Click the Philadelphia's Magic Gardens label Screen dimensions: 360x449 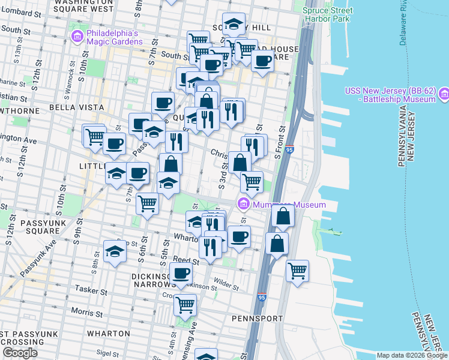pyautogui.click(x=114, y=37)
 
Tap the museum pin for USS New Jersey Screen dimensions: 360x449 pyautogui.click(x=444, y=94)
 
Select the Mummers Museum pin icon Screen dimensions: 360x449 pyautogui.click(x=243, y=204)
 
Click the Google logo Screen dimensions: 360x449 pyautogui.click(x=20, y=352)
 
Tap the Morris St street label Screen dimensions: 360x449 pyautogui.click(x=88, y=312)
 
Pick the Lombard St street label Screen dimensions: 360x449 pyautogui.click(x=20, y=13)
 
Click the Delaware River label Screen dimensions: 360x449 pyautogui.click(x=404, y=24)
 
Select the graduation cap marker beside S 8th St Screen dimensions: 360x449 pyautogui.click(x=114, y=252)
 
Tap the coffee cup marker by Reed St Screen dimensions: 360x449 pyautogui.click(x=181, y=274)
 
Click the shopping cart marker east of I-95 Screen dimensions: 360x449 pyautogui.click(x=297, y=271)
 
